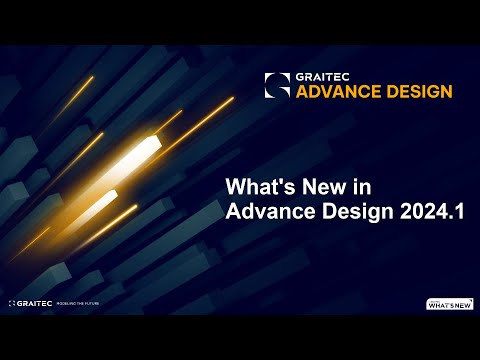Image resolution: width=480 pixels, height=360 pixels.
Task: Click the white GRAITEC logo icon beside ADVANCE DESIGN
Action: click(277, 85)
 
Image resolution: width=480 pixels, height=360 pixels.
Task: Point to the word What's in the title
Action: click(262, 186)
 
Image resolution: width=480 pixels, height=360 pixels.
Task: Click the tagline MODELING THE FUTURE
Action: click(83, 302)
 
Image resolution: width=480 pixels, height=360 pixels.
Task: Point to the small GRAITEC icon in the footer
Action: click(12, 302)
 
